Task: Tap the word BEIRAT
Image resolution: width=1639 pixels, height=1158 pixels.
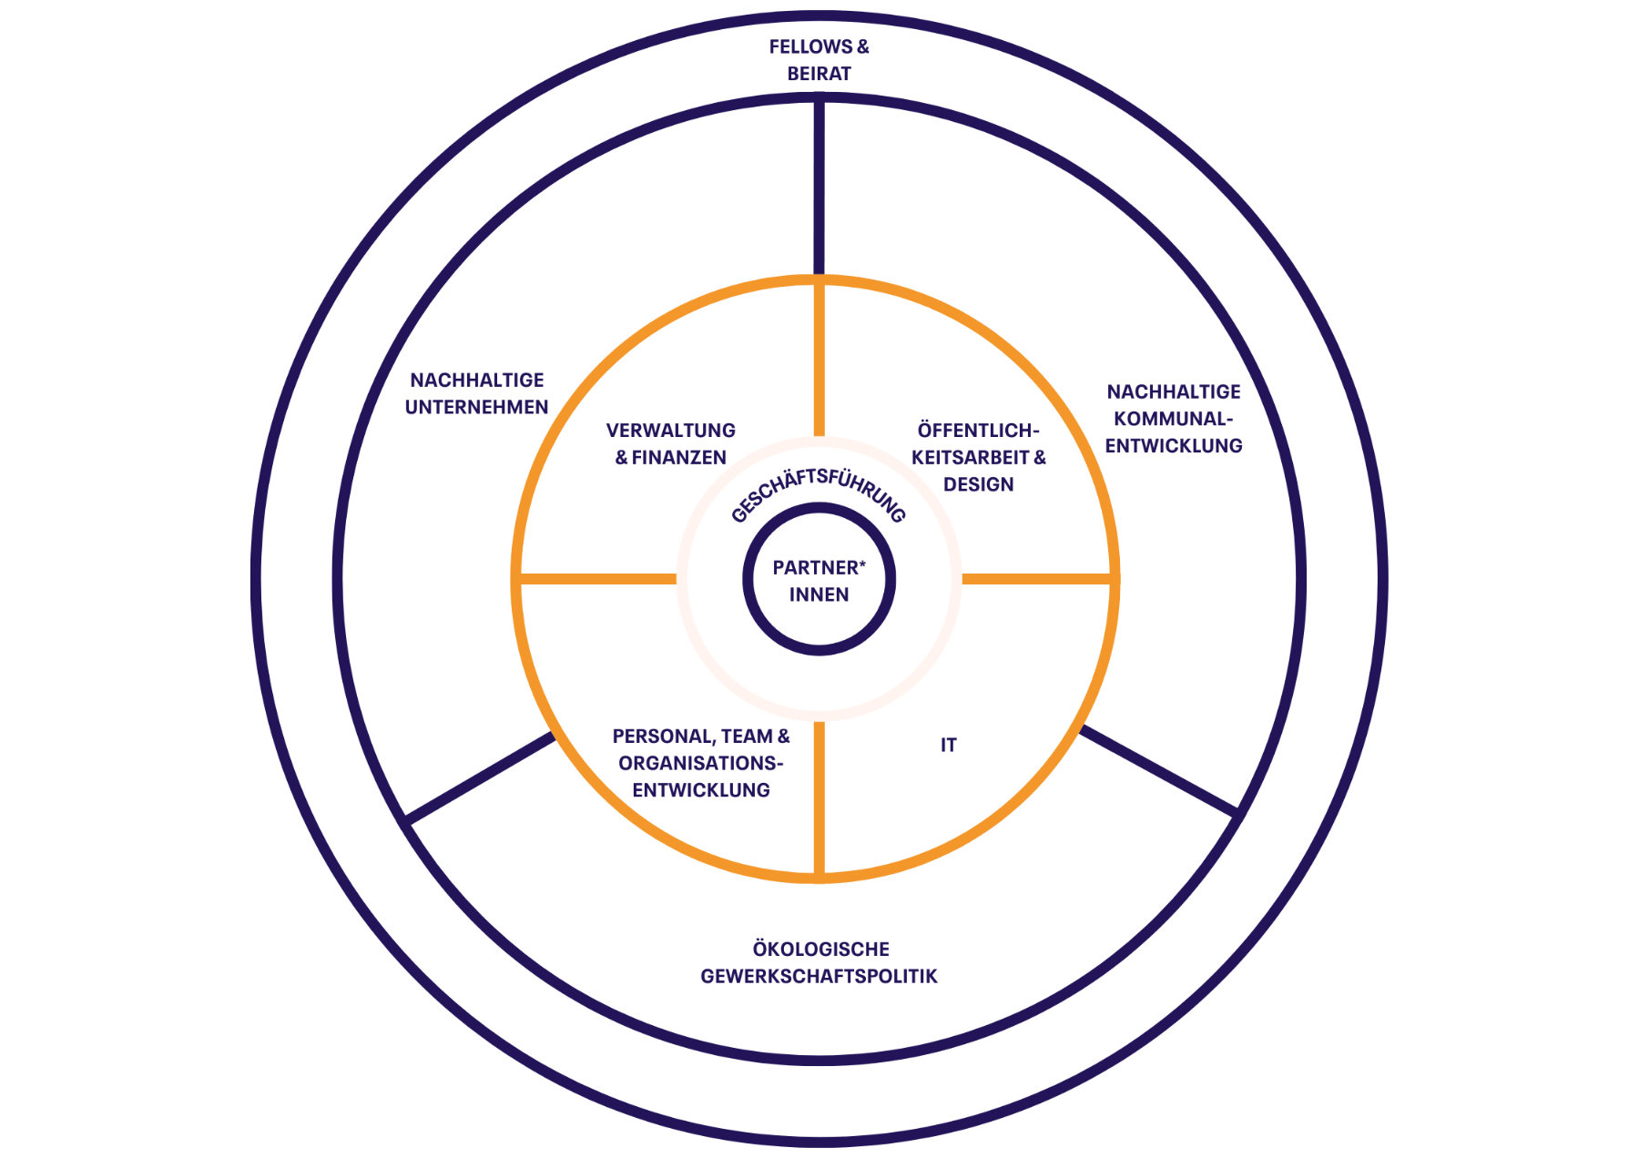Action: [x=819, y=74]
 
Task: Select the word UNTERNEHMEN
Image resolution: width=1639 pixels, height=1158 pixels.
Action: [x=476, y=407]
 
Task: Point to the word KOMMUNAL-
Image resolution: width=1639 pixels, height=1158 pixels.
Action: [x=1173, y=419]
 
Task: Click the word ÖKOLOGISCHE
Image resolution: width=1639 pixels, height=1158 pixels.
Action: [x=820, y=949]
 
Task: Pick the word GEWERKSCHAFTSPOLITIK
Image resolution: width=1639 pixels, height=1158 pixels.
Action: [x=819, y=976]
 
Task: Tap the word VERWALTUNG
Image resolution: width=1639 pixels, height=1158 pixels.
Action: [x=671, y=430]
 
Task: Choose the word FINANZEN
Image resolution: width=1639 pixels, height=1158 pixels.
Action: [x=679, y=457]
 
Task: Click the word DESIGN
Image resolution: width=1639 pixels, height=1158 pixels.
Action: [x=978, y=484]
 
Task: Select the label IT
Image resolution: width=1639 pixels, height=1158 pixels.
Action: [x=948, y=745]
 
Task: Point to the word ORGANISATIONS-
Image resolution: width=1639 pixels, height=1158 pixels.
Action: [x=700, y=763]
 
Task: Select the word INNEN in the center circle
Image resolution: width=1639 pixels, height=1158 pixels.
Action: [x=819, y=594]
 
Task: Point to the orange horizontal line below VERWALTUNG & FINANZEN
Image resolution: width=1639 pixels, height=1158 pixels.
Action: [x=597, y=579]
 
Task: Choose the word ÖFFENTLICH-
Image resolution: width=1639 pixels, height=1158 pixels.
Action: [x=978, y=430]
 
